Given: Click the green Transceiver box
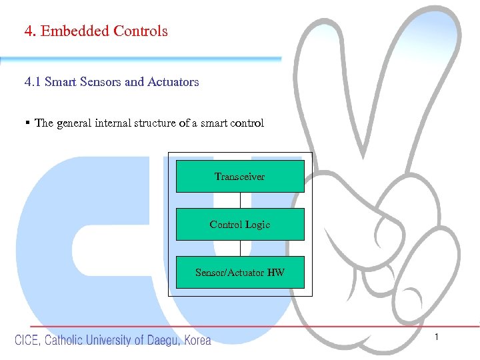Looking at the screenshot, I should pos(240,177).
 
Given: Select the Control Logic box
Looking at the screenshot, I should pos(240,225).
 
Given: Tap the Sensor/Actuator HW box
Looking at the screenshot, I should pos(240,273).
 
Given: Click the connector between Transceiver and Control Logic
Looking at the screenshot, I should pos(240,200).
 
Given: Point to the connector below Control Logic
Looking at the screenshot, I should pos(240,248).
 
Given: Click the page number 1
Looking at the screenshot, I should pos(437,338).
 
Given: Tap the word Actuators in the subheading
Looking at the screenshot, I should pos(173,82).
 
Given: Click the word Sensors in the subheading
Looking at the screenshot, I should pos(99,82).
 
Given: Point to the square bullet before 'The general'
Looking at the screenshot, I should pos(27,123).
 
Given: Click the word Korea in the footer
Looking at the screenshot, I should pos(197,340).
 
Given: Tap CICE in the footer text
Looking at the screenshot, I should pos(27,340).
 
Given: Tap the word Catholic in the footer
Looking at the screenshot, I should pos(64,340).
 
